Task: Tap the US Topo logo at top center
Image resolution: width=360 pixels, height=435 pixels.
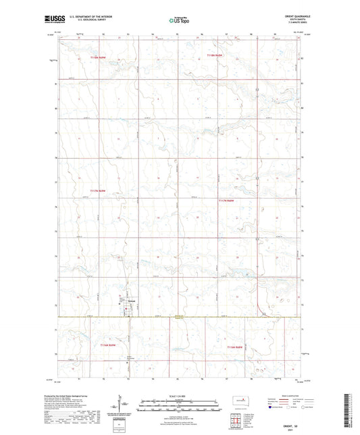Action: click(x=180, y=22)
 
